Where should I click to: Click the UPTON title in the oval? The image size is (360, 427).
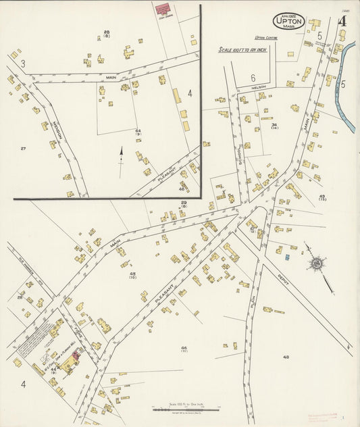[288, 22]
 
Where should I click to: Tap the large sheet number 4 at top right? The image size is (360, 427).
[342, 20]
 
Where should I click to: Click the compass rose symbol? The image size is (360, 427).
[315, 263]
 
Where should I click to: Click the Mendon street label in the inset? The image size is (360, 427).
[58, 127]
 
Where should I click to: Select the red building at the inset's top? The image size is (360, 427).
[163, 8]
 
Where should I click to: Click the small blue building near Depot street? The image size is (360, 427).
[286, 257]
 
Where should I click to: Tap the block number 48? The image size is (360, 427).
[286, 357]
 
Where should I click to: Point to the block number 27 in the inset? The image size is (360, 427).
[23, 148]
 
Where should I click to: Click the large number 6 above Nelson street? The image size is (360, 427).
[253, 77]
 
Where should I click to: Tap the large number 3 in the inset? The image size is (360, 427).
[22, 64]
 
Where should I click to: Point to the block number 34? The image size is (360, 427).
[274, 125]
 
